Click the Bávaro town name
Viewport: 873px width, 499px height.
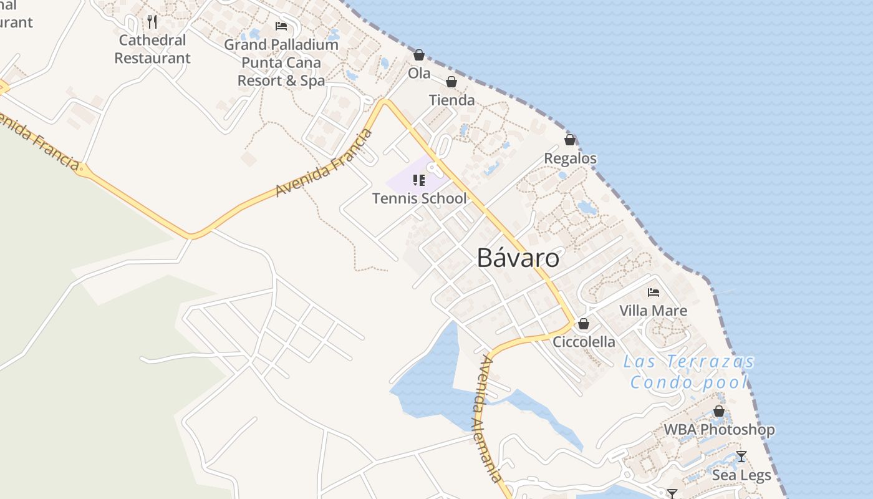[x=518, y=258]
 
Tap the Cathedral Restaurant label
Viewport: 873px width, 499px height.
[x=152, y=49]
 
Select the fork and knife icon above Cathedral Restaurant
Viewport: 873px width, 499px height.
[x=152, y=22]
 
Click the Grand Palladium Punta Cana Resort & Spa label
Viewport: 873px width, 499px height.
[x=281, y=62]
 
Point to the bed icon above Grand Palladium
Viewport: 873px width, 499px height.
[x=281, y=26]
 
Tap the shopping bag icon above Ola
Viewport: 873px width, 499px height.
[x=419, y=56]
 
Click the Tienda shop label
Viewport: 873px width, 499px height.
[x=451, y=100]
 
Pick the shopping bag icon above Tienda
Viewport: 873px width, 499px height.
[x=451, y=82]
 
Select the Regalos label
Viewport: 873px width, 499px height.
[x=570, y=158]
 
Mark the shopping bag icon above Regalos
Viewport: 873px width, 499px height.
[x=570, y=140]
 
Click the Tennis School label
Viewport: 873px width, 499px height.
[x=419, y=198]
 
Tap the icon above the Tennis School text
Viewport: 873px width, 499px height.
[x=419, y=180]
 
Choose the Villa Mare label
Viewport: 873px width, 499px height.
[x=653, y=311]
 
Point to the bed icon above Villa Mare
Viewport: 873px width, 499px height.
[x=654, y=292]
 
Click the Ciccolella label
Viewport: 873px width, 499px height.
[x=584, y=342]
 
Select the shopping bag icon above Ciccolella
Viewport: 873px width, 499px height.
[x=584, y=324]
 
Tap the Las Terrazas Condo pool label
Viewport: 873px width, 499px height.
[x=689, y=372]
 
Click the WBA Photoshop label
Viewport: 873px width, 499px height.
[x=719, y=430]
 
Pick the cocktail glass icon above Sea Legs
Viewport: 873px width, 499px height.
[x=741, y=457]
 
